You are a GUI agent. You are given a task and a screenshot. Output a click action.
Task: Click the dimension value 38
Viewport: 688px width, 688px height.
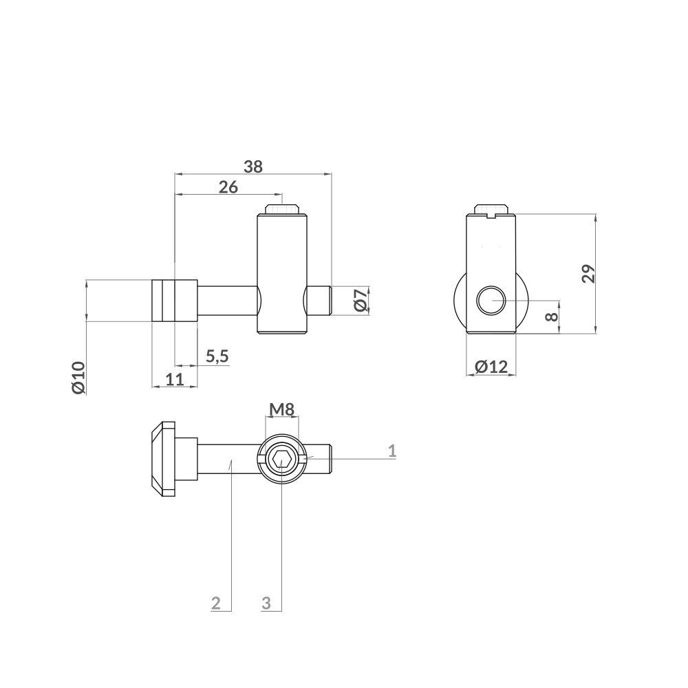[253, 166]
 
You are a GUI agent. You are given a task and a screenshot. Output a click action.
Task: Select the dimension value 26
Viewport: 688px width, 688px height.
[228, 187]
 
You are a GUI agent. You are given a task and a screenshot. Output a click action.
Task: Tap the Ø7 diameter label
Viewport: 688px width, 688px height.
[360, 301]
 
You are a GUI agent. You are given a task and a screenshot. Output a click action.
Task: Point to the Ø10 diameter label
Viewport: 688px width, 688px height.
[78, 376]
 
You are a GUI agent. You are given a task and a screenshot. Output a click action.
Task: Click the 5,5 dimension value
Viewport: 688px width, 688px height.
[217, 356]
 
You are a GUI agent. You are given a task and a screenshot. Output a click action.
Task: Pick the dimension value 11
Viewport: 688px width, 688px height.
[175, 378]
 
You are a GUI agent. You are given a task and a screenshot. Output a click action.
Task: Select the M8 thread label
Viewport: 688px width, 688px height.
[282, 410]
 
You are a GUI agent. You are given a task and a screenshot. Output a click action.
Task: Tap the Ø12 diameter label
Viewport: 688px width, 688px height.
[491, 367]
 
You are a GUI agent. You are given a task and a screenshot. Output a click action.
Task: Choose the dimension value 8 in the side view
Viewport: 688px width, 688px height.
[549, 317]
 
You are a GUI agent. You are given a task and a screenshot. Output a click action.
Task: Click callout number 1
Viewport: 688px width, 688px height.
[392, 451]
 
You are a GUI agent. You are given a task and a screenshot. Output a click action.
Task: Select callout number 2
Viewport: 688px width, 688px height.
[215, 603]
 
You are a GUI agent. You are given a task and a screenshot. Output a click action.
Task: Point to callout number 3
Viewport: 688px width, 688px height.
[267, 603]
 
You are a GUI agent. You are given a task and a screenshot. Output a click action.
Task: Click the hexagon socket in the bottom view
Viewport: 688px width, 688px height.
[281, 458]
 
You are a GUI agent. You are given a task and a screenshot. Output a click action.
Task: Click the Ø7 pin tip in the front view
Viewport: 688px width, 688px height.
[321, 301]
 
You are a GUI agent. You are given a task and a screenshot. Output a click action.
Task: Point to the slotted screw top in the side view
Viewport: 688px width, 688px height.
[491, 210]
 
